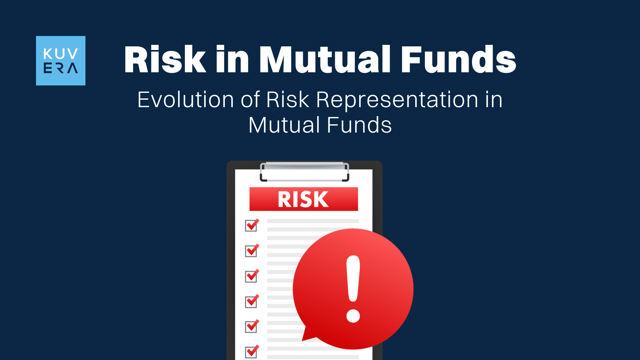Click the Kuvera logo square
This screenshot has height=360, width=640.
point(61,61)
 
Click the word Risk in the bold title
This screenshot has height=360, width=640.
point(165,59)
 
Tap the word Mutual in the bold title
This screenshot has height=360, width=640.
point(325,59)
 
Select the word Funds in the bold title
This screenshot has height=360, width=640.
point(459,59)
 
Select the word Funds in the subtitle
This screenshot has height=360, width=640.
point(359,125)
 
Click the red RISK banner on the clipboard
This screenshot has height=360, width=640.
point(303,199)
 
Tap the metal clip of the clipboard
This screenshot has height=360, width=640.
point(304,171)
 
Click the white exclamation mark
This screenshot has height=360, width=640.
point(353,289)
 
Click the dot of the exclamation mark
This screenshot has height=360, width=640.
point(353,316)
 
